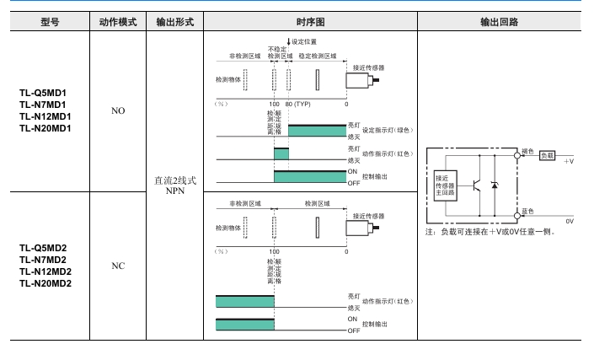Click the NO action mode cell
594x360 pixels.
pos(118,110)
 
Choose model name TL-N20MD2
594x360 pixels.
pos(45,283)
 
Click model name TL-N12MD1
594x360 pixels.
pos(45,116)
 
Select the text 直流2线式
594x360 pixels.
pos(175,180)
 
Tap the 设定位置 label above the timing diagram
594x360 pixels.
pos(304,41)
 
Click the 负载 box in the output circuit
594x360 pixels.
pos(548,155)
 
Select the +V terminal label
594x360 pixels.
pos(569,159)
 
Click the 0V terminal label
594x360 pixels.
pos(570,221)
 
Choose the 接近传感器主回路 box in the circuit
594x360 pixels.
pos(444,185)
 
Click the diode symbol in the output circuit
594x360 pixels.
pos(495,185)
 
